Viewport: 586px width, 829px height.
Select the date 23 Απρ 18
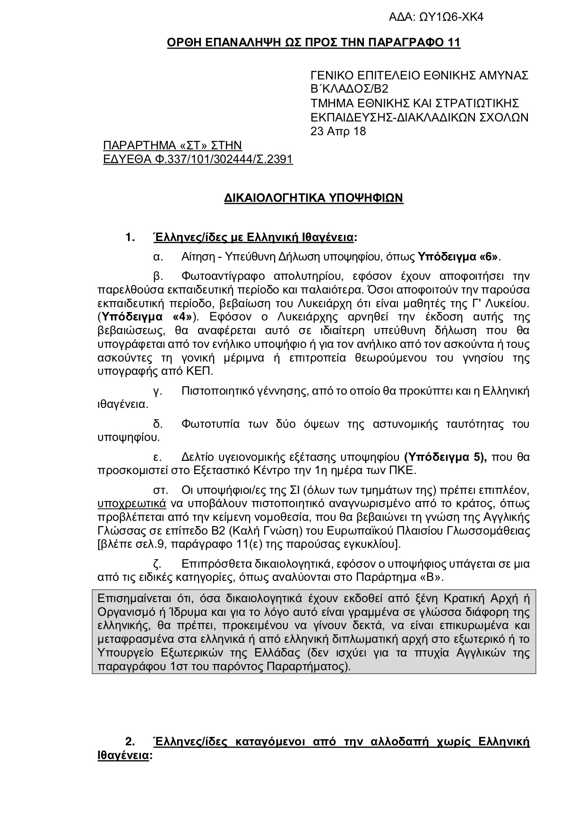coord(338,131)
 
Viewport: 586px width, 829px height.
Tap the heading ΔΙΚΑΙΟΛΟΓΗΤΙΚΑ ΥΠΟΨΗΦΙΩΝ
coord(313,198)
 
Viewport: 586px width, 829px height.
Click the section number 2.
coord(130,741)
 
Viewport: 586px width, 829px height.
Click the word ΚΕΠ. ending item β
coord(202,371)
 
